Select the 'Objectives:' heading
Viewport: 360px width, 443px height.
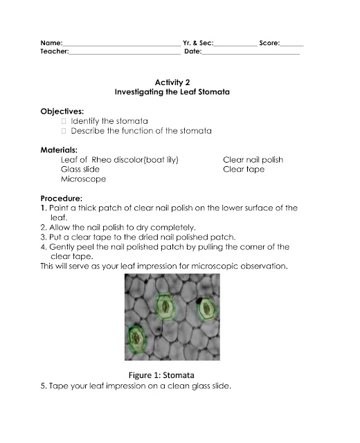62,111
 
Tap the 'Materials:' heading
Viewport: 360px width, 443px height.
59,150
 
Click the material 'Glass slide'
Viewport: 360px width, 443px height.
80,169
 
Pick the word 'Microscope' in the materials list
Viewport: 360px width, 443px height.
84,179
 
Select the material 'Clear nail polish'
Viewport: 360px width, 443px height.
253,159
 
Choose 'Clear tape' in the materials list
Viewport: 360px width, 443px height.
244,169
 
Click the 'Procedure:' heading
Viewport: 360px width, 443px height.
62,198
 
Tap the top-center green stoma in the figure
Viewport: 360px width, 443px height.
164,305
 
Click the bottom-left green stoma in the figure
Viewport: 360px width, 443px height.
137,339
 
